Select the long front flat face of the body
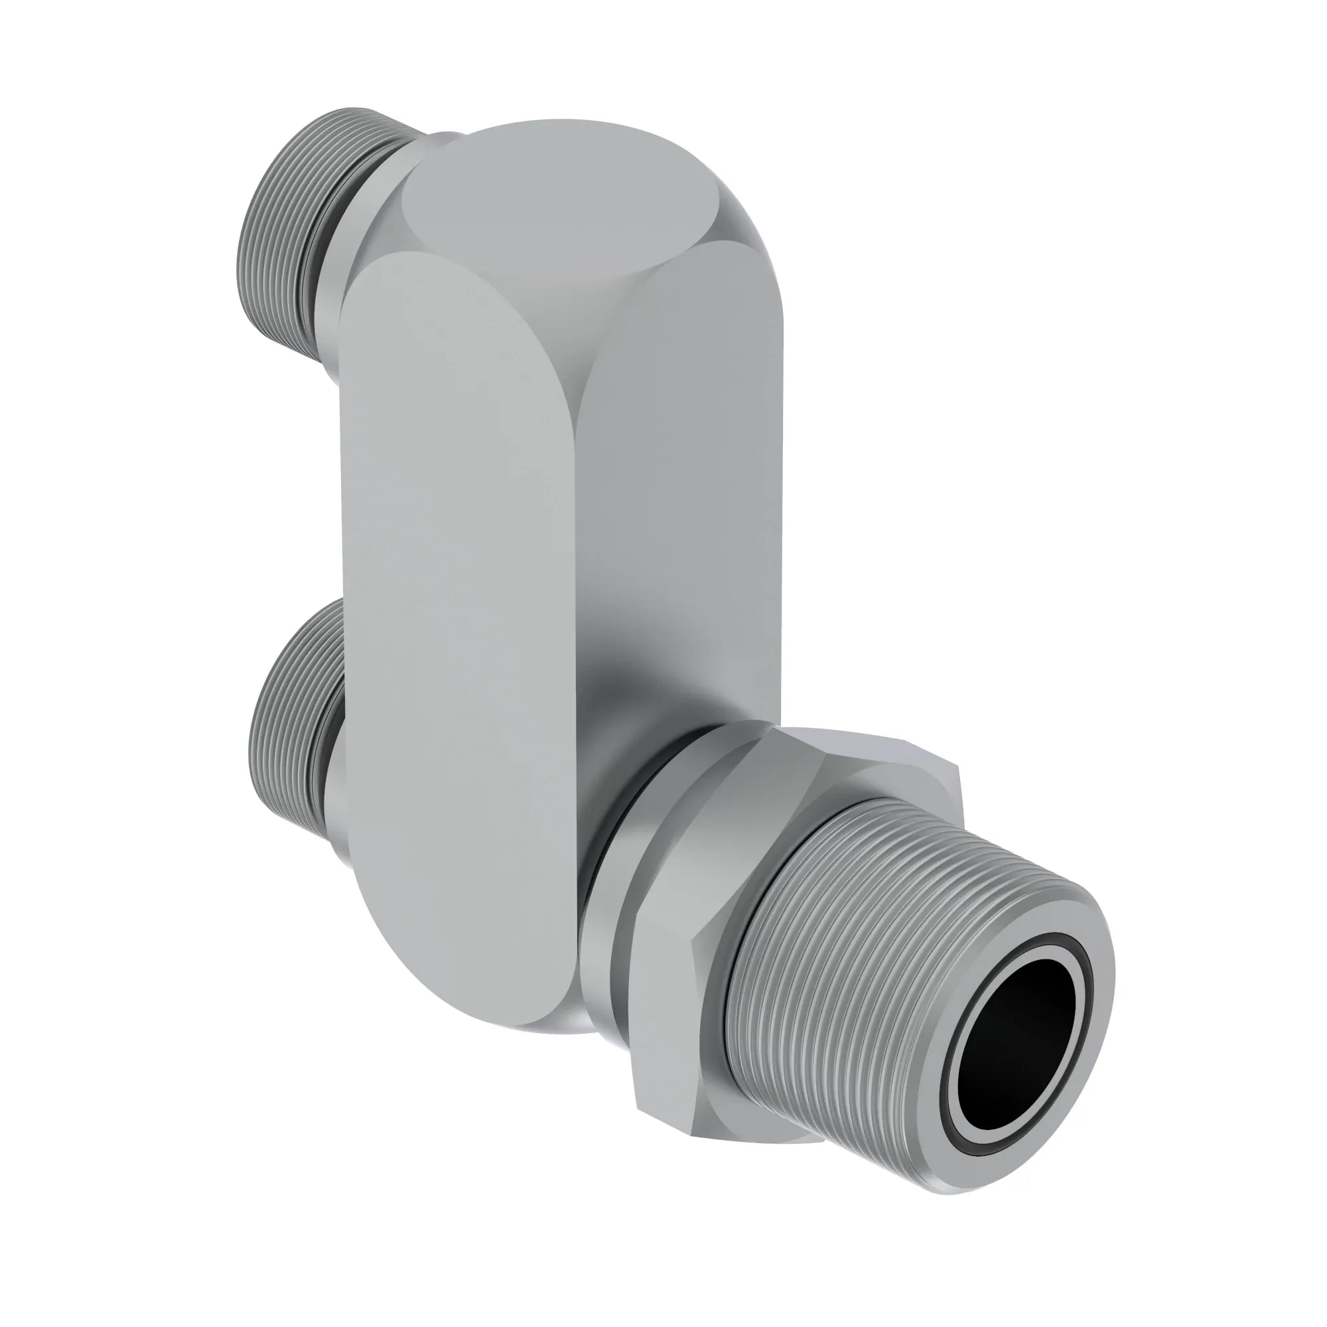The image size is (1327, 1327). pos(453,618)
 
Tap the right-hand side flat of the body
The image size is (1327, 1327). pos(680,515)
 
